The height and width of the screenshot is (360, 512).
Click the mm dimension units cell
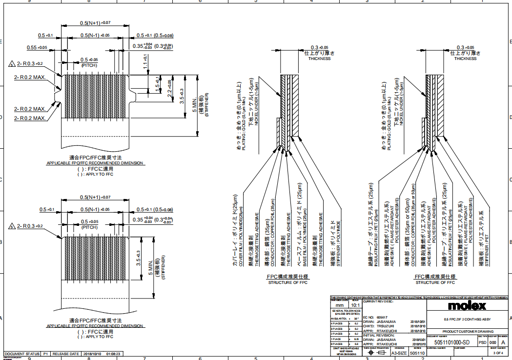340,305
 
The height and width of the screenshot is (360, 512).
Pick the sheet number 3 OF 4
498,352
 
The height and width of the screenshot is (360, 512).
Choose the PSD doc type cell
482,343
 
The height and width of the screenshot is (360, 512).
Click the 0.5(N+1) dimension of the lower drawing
95,197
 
